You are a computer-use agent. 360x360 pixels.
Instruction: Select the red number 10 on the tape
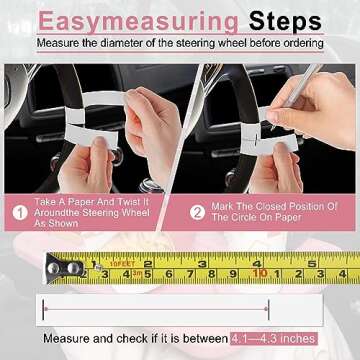tap(258, 272)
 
